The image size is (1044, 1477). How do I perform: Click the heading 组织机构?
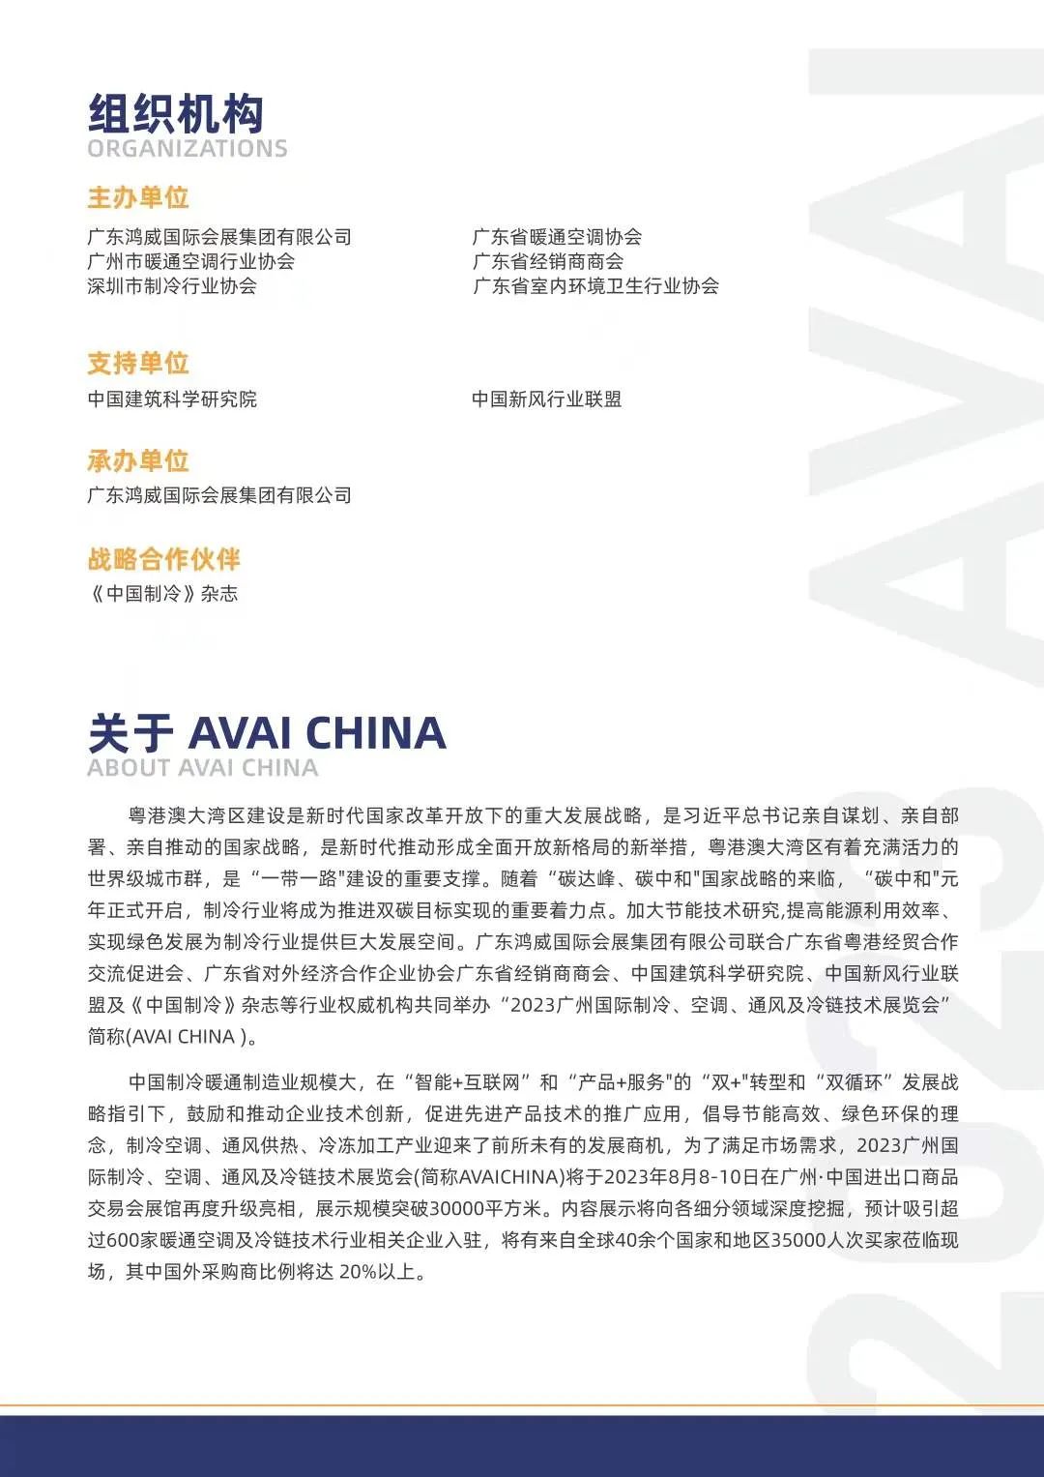175,114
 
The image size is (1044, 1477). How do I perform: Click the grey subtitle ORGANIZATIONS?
188,149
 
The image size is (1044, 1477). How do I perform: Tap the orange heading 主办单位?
137,197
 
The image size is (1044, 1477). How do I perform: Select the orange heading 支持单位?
137,363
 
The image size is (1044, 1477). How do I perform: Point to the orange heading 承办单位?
137,460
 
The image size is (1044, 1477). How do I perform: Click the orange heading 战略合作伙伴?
163,559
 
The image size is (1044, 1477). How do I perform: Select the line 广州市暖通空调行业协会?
190,261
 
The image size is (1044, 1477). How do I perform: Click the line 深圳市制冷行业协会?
172,285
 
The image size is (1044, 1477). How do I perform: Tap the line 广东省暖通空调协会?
557,237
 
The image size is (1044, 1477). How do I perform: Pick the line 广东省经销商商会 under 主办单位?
547,261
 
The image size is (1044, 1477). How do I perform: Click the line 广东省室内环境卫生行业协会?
595,285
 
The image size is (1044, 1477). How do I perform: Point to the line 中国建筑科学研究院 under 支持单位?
172,399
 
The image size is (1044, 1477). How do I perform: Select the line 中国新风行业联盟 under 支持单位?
546,399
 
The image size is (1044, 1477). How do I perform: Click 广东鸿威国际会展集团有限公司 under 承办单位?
219,495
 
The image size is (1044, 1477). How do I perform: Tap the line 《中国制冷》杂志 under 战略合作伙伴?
162,594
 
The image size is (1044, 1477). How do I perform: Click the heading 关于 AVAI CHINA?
267,733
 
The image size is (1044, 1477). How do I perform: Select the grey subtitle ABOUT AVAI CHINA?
202,768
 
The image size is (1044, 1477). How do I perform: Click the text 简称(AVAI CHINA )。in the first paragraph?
174,1036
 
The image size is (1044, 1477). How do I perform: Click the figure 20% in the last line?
357,1271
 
